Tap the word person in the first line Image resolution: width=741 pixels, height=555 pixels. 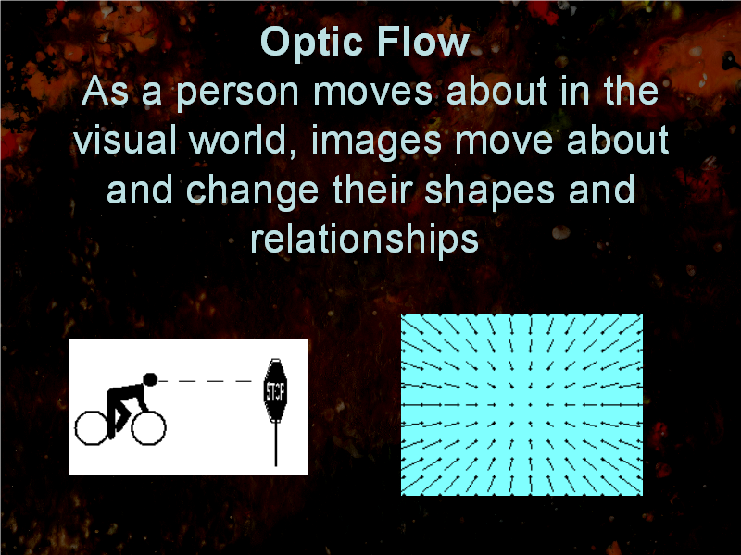[x=238, y=92]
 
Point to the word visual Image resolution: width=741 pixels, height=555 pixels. [x=125, y=140]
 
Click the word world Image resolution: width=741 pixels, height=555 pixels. [x=244, y=141]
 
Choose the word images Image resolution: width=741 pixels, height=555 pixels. [x=377, y=142]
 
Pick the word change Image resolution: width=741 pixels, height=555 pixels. [x=253, y=191]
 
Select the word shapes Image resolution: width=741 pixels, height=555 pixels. [x=490, y=191]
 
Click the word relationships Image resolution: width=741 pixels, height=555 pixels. [x=364, y=240]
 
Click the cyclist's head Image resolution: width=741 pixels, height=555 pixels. [x=150, y=379]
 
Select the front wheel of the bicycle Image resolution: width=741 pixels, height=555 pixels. [x=148, y=428]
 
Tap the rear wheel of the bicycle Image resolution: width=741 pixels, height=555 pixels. [x=93, y=428]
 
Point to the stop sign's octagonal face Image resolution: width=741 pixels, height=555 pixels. [x=275, y=390]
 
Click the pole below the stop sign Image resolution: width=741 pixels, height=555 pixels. [x=276, y=444]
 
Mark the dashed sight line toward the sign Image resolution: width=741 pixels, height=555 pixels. [x=205, y=381]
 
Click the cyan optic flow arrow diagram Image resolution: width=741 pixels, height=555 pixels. [x=521, y=405]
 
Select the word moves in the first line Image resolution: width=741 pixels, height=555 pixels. [x=372, y=92]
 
